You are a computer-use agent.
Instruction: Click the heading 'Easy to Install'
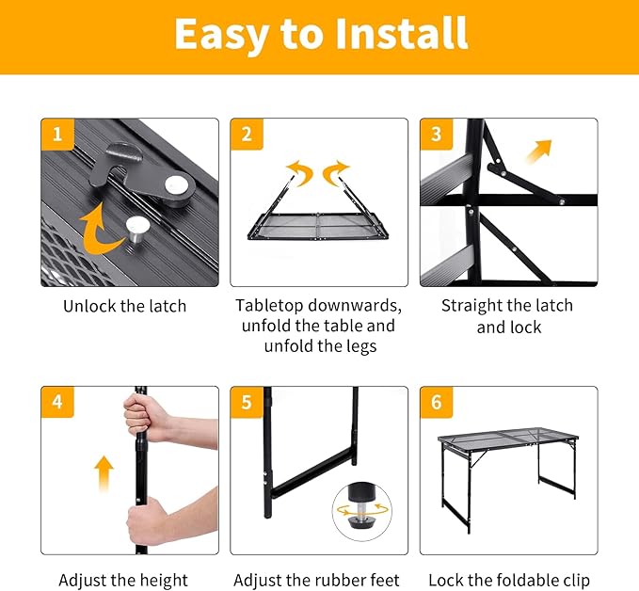(320, 35)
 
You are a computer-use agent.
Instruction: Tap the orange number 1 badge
(57, 135)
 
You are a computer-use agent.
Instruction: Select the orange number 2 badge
(247, 135)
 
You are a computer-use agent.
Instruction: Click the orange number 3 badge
(436, 135)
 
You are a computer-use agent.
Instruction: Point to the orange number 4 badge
(57, 403)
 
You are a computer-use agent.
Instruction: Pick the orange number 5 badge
(247, 403)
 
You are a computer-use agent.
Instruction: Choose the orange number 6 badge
(436, 403)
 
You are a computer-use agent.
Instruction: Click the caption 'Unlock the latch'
(125, 306)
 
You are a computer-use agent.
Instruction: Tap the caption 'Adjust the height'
(123, 580)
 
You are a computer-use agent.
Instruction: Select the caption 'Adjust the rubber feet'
(316, 580)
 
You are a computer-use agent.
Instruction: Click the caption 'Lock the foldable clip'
(509, 580)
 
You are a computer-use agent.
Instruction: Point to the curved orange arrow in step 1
(100, 234)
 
